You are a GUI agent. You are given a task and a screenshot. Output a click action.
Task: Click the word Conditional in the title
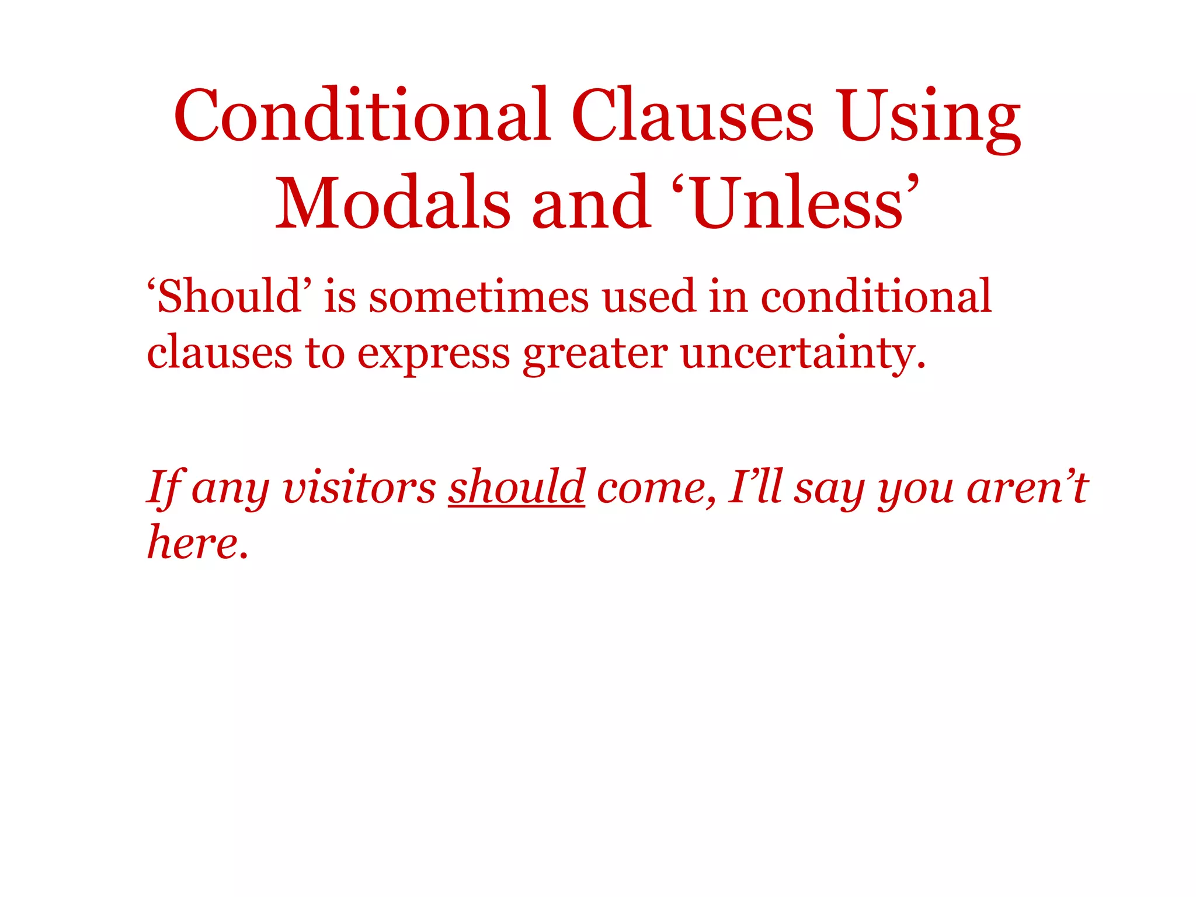[362, 115]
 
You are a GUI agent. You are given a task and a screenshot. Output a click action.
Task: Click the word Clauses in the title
[692, 115]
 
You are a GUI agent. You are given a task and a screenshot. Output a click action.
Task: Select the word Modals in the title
[393, 203]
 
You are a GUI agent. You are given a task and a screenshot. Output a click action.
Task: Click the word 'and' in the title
[591, 203]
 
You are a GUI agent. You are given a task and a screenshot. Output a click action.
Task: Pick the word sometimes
[479, 296]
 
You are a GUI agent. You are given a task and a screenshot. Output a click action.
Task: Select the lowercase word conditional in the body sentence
[876, 296]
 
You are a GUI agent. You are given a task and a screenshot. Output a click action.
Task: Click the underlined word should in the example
[516, 486]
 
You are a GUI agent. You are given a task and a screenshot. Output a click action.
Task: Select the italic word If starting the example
[166, 488]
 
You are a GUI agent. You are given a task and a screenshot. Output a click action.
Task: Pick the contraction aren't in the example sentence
[1027, 488]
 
